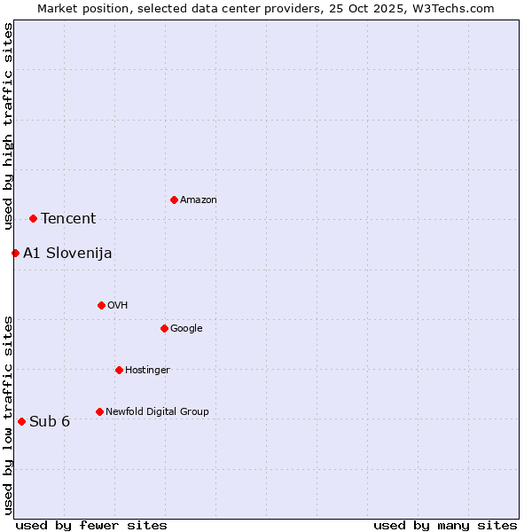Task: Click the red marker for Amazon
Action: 174,199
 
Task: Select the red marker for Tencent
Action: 33,218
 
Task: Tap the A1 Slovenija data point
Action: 15,253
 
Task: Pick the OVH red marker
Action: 101,305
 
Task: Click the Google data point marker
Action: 164,328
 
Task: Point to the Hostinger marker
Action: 119,370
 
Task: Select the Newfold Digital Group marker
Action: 99,411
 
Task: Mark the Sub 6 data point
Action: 21,421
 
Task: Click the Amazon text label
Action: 199,200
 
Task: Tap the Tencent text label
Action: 68,219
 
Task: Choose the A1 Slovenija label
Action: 67,254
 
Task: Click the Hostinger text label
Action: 147,371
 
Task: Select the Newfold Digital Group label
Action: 157,411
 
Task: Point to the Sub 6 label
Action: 50,421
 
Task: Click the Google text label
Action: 186,329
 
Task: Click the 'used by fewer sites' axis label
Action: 91,525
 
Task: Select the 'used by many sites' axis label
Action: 445,525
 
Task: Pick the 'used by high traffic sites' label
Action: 8,126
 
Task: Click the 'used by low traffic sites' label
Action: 8,414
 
